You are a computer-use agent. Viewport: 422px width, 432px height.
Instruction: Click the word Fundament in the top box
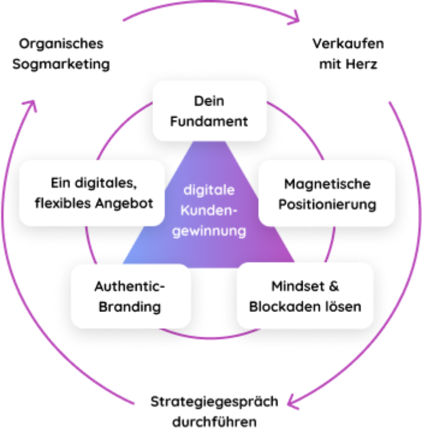pyautogui.click(x=209, y=121)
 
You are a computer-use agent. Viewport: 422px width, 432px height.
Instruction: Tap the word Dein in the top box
pyautogui.click(x=209, y=101)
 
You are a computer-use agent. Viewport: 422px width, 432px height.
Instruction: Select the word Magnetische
pyautogui.click(x=327, y=183)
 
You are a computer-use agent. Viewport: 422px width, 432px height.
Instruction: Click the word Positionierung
pyautogui.click(x=327, y=204)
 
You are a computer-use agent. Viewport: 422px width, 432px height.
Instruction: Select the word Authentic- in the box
pyautogui.click(x=130, y=287)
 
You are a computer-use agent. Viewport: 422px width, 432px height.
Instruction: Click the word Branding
pyautogui.click(x=130, y=307)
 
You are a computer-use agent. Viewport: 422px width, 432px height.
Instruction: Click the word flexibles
pyautogui.click(x=63, y=203)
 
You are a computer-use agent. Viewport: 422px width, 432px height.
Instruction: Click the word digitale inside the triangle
pyautogui.click(x=209, y=189)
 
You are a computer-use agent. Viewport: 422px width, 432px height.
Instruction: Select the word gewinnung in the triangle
pyautogui.click(x=209, y=230)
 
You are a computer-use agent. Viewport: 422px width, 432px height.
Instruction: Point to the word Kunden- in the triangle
pyautogui.click(x=209, y=210)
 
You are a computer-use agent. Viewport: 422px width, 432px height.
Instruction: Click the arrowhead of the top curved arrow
pyautogui.click(x=294, y=17)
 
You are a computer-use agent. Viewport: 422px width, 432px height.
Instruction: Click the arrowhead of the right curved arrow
pyautogui.click(x=294, y=399)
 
